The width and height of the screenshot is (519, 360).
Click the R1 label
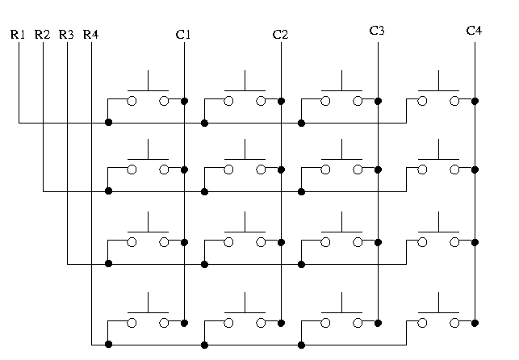(18, 35)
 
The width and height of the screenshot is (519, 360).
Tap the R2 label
(43, 35)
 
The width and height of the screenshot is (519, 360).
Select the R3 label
(67, 35)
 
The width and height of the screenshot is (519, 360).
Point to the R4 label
(91, 35)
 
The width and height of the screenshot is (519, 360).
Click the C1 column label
(183, 35)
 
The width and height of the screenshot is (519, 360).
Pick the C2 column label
(280, 35)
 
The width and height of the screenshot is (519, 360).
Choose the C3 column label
(377, 31)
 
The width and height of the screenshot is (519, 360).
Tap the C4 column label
(474, 31)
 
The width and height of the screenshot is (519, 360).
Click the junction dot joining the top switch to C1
(185, 101)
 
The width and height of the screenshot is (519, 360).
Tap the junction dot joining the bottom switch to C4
(475, 323)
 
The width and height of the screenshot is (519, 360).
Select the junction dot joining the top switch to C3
(379, 101)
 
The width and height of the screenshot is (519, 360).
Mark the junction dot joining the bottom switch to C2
(282, 323)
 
